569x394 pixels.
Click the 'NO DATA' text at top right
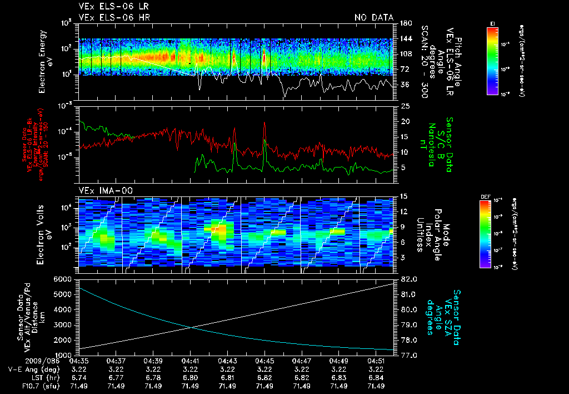pyautogui.click(x=373, y=17)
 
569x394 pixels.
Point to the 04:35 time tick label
pyautogui.click(x=79, y=361)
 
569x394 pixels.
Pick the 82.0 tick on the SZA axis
pyautogui.click(x=408, y=278)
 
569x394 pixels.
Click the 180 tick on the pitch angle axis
pyautogui.click(x=405, y=23)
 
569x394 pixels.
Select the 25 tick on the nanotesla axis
pyautogui.click(x=405, y=106)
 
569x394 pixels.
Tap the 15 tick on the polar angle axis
pyautogui.click(x=404, y=196)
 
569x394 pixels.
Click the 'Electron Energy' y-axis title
pyautogui.click(x=42, y=61)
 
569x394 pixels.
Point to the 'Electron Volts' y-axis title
pyautogui.click(x=42, y=230)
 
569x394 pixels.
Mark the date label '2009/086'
pyautogui.click(x=22, y=361)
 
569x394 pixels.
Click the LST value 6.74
pyautogui.click(x=79, y=377)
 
